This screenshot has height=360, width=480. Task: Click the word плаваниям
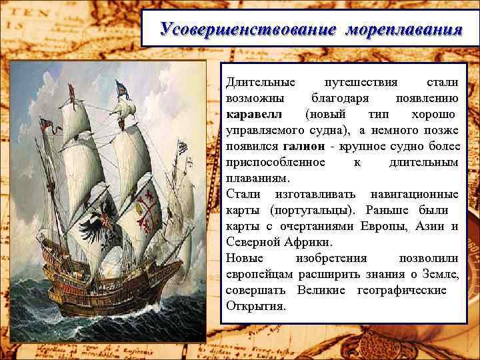click(258, 178)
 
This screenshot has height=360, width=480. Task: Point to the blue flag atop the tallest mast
click(121, 89)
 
